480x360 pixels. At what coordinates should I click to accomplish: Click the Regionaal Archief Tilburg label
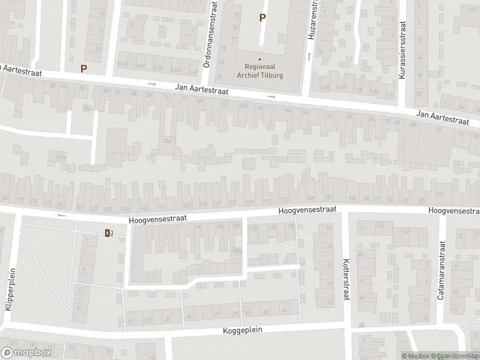point(260,71)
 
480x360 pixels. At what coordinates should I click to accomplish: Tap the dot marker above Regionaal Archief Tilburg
point(260,59)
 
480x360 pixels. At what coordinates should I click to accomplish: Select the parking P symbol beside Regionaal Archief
point(262,18)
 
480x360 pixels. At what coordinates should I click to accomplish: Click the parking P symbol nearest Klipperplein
point(83,68)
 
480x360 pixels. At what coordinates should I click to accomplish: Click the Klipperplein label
point(8,290)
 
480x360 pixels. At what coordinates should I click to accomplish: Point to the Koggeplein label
point(242,331)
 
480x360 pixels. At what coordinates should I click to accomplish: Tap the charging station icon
point(109,233)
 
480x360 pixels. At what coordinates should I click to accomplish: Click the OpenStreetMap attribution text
point(458,356)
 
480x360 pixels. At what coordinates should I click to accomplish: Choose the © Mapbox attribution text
point(417,356)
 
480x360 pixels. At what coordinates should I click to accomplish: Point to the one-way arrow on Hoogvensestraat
point(60,215)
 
